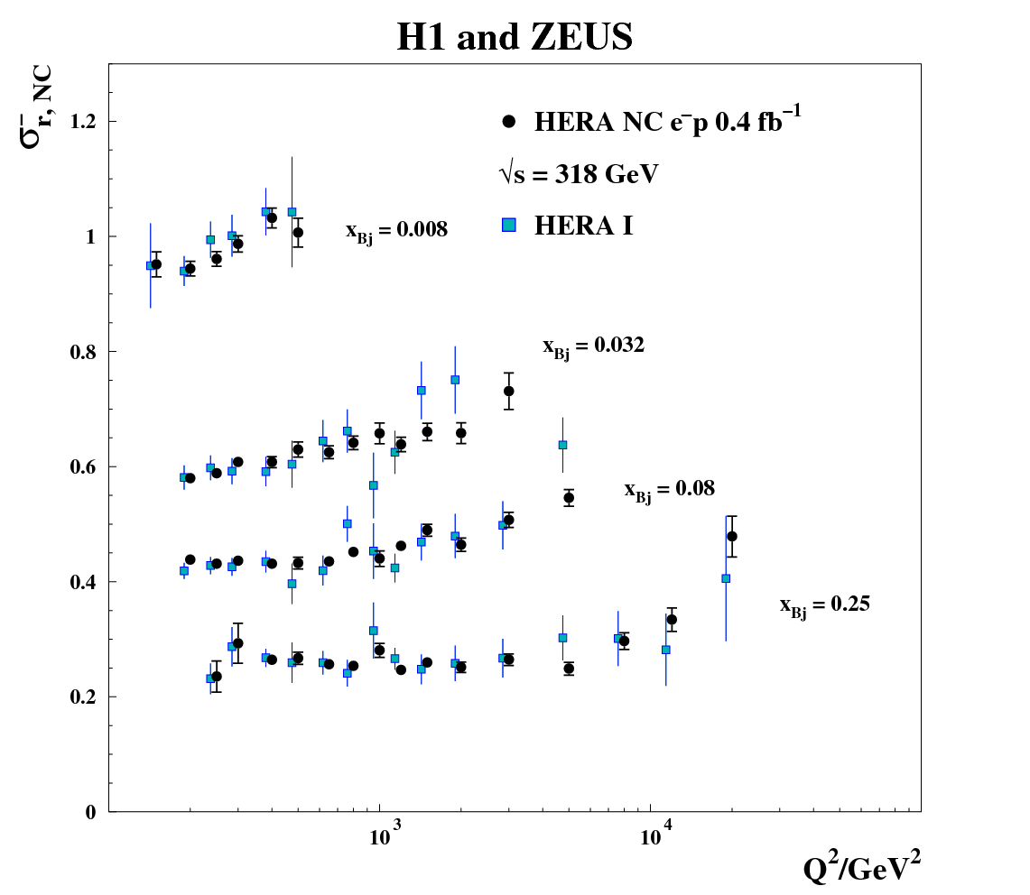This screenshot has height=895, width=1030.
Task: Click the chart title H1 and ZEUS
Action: (x=515, y=37)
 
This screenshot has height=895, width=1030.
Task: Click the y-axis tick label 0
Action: (x=90, y=812)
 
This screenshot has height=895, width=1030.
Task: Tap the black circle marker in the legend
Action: (x=509, y=120)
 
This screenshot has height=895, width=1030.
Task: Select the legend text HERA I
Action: (x=583, y=226)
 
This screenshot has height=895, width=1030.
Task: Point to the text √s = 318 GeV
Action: (x=579, y=174)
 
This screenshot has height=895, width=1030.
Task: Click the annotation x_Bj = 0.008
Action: (x=396, y=231)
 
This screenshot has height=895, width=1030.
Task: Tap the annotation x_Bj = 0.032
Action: (x=593, y=346)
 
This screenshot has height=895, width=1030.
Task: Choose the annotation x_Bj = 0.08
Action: (x=669, y=490)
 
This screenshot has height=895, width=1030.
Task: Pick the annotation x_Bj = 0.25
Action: (x=824, y=605)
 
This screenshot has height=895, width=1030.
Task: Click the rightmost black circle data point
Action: (x=732, y=536)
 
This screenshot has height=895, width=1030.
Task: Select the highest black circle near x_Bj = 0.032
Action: (x=509, y=391)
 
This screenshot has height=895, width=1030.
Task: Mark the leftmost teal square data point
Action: (x=151, y=265)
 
